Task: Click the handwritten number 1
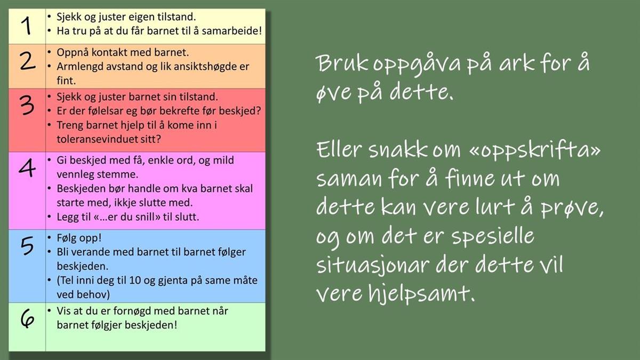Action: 27,26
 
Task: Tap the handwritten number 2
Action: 28,61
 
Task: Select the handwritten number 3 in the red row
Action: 27,105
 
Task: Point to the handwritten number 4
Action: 27,168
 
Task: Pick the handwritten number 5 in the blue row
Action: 27,246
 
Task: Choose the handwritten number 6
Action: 27,319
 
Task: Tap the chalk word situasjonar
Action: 373,265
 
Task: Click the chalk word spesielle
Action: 493,237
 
